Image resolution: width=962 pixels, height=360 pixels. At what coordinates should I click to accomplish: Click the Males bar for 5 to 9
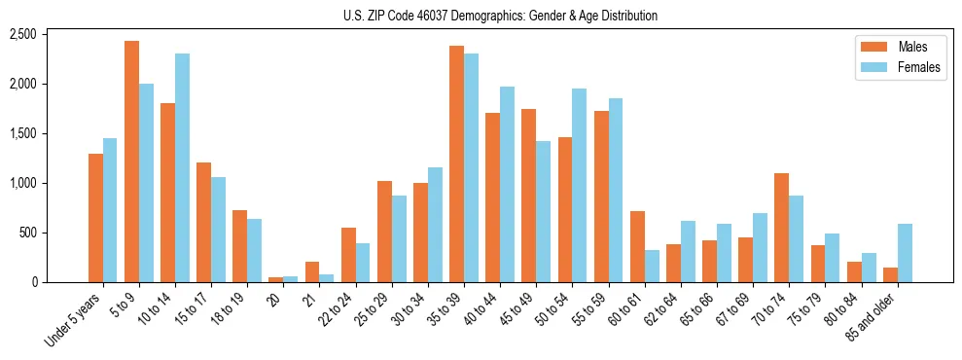tap(131, 162)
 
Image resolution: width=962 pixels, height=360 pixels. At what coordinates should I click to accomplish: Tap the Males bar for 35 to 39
tap(456, 163)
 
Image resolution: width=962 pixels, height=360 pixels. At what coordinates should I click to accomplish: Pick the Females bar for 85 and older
tap(905, 253)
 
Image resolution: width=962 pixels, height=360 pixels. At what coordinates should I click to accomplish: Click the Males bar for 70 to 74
tap(781, 228)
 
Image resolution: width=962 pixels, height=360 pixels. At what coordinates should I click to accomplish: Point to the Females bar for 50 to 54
tap(580, 185)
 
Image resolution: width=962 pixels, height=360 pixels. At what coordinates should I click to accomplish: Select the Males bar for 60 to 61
tap(637, 246)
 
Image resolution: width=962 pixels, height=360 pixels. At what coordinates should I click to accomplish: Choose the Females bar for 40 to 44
tap(508, 184)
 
